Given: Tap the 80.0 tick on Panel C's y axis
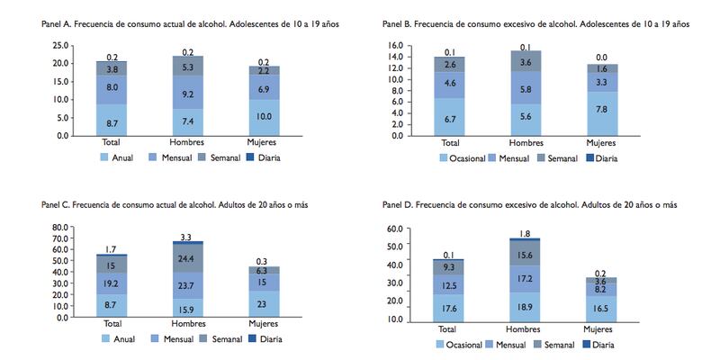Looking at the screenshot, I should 60,227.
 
